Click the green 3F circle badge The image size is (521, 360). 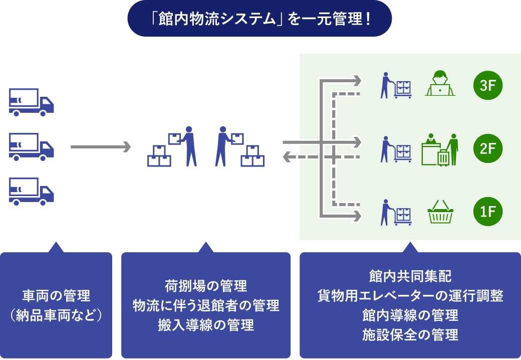(487, 86)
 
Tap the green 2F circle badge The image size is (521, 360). (487, 148)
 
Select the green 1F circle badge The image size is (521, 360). (487, 212)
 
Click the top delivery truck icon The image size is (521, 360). (31, 102)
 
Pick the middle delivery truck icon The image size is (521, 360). (31, 147)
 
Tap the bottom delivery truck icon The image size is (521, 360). (31, 192)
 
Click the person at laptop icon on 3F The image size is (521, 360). (440, 84)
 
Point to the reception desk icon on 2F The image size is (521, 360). (440, 149)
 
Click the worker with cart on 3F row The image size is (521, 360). (395, 86)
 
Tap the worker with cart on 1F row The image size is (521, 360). (395, 212)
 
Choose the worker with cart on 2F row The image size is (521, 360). (395, 149)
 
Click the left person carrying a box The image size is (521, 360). (188, 146)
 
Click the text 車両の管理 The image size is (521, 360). (56, 296)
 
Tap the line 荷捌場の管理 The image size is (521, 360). (206, 286)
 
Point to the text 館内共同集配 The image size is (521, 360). (410, 276)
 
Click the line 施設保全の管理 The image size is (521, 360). (410, 334)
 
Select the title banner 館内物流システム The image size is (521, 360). (259, 19)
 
